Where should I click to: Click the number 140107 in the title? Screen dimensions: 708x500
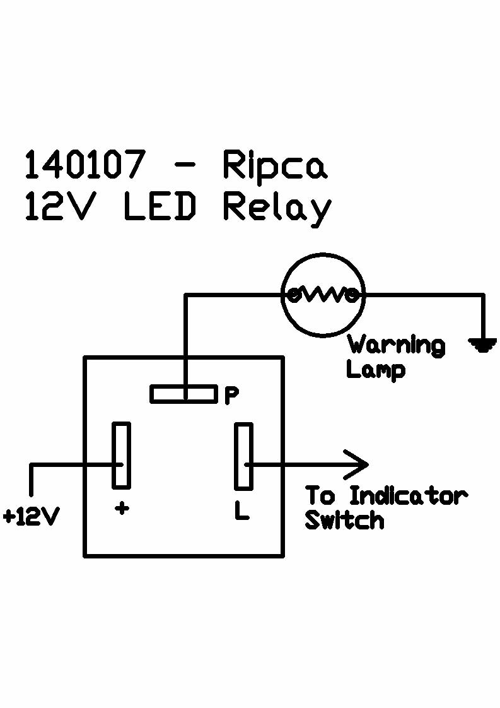tap(84, 165)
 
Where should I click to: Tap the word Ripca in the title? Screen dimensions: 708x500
tap(275, 165)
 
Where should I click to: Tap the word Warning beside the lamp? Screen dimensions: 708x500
tap(396, 345)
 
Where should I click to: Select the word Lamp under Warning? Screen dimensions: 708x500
tap(375, 369)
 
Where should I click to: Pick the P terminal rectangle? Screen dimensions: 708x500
tap(183, 394)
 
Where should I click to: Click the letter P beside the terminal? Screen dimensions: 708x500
tap(231, 395)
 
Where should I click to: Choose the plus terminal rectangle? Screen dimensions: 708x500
tap(122, 455)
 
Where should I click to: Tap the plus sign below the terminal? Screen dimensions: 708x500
tap(122, 509)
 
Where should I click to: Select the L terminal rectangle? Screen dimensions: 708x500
tap(243, 456)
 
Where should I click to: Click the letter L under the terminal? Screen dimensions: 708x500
tap(241, 511)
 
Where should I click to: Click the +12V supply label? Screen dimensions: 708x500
tap(31, 517)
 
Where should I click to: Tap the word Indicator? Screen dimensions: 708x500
tap(408, 496)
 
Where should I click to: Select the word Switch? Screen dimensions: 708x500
tap(344, 521)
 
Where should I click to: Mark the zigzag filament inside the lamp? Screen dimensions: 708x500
tap(323, 294)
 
